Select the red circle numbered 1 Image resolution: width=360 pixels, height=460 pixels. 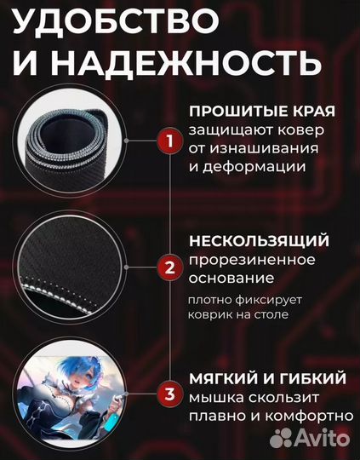(x=169, y=140)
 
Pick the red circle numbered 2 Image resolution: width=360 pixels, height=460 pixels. (x=169, y=267)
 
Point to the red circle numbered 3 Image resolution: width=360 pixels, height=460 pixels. (x=169, y=394)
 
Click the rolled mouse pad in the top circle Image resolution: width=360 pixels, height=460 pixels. (x=72, y=141)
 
